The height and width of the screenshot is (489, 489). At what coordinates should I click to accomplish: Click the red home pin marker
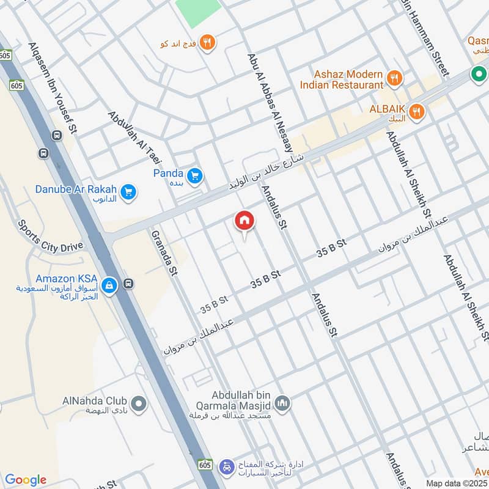244,221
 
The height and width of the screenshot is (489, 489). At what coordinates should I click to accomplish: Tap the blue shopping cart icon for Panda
195,176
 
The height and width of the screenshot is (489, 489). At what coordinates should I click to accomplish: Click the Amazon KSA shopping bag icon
109,285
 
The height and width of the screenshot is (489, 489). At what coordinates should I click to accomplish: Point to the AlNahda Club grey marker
140,403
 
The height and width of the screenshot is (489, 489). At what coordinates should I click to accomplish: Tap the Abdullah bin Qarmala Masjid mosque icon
282,403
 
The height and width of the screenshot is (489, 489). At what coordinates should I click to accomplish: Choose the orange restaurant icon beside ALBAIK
417,111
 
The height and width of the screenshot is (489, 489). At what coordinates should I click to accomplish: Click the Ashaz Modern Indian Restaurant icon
394,78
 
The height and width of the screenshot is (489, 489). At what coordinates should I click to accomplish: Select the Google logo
25,480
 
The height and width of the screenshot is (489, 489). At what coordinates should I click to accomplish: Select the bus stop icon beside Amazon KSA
128,284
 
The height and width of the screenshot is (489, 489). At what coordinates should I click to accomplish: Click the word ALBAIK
388,108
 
